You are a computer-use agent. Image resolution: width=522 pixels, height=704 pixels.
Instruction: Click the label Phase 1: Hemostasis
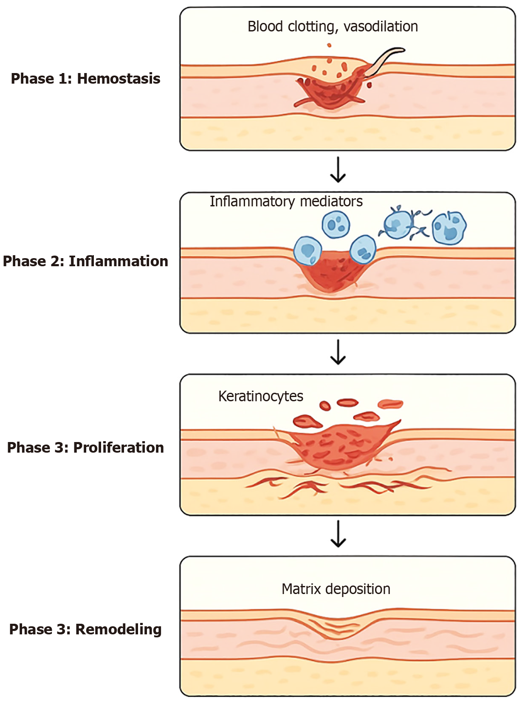tap(85, 79)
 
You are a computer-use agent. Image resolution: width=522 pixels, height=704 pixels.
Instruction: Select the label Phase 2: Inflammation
tap(85, 261)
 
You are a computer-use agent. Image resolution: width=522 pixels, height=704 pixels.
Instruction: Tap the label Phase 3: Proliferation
tap(85, 448)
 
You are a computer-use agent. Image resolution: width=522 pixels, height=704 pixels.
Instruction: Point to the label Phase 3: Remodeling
tap(85, 629)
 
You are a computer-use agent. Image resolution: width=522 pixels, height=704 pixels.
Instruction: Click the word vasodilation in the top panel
tap(381, 26)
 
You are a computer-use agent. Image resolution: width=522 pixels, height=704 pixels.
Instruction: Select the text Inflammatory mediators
tap(286, 201)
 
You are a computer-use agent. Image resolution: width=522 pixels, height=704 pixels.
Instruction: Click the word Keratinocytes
tap(260, 396)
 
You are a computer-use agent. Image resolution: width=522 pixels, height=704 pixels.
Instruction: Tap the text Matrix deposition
tap(336, 589)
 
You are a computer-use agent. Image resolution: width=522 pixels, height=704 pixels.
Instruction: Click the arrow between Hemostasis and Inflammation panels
tap(338, 170)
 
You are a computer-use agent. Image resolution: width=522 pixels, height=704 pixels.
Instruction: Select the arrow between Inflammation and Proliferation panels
tap(338, 352)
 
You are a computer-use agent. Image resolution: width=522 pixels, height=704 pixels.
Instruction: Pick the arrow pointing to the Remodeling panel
tap(338, 534)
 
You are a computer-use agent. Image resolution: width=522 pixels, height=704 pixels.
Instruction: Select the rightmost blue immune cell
tap(449, 228)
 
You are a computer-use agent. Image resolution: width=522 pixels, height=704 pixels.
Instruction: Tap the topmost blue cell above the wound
tap(336, 224)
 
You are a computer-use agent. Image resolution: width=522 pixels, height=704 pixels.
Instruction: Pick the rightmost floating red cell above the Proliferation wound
tap(390, 404)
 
